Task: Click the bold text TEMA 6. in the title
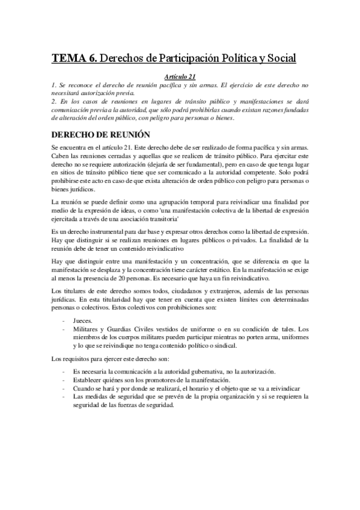[72, 58]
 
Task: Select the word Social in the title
[279, 58]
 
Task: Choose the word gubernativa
[202, 372]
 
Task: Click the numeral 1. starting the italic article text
[54, 85]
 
